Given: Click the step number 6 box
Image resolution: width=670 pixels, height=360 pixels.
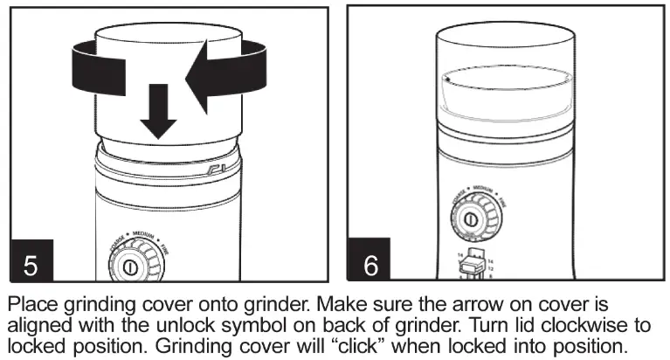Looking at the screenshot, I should point(370,263).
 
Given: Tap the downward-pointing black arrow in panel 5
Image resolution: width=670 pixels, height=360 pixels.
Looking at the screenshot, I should point(158,111).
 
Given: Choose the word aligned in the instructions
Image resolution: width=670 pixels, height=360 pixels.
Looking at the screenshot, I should point(40,325).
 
